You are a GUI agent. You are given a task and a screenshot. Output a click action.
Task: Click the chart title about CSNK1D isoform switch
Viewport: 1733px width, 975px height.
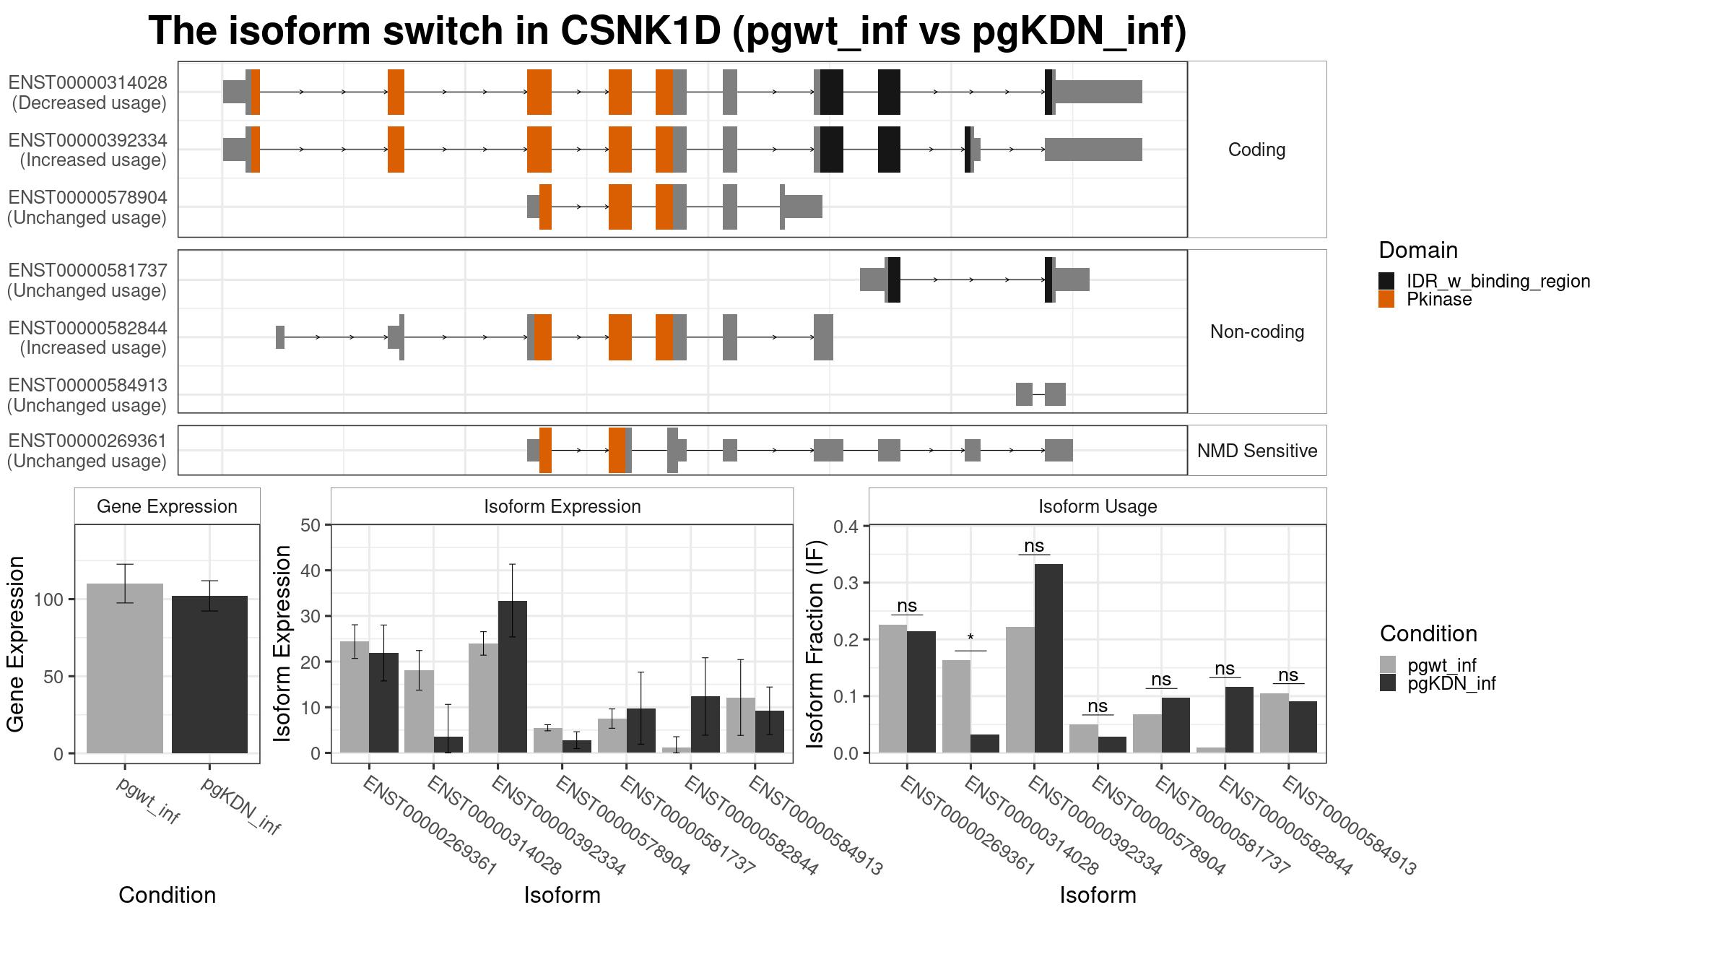tap(667, 31)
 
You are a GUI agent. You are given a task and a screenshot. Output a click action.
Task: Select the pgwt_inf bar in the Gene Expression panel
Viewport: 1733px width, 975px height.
tap(125, 668)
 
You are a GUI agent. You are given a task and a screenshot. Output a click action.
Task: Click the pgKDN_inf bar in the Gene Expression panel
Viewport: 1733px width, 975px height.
tap(209, 675)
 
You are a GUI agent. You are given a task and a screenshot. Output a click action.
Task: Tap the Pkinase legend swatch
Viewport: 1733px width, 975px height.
tap(1386, 299)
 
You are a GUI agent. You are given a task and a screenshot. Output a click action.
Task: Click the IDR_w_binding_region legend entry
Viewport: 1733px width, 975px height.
tap(1485, 281)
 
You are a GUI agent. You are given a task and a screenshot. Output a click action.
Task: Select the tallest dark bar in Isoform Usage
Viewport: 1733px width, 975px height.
tap(1048, 658)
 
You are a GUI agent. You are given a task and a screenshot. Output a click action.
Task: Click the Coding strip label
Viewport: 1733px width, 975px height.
tap(1257, 149)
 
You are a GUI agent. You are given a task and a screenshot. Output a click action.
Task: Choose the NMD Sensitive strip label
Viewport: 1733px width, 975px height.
tap(1257, 451)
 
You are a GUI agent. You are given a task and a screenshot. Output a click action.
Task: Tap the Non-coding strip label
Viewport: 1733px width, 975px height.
tap(1257, 331)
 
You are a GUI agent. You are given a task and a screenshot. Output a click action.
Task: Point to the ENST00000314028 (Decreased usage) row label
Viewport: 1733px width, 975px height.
tap(87, 92)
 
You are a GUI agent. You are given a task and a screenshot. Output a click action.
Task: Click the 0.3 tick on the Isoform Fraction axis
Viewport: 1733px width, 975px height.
tap(846, 583)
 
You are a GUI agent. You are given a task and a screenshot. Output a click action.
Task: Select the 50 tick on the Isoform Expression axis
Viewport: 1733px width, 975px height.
tap(310, 525)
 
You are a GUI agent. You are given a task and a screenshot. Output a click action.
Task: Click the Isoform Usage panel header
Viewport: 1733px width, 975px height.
tap(1098, 506)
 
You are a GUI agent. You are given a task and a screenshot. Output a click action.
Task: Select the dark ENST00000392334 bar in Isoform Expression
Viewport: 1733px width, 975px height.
tap(513, 677)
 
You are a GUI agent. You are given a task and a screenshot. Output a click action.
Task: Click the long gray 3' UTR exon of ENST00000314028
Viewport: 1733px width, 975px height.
tap(1098, 92)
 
